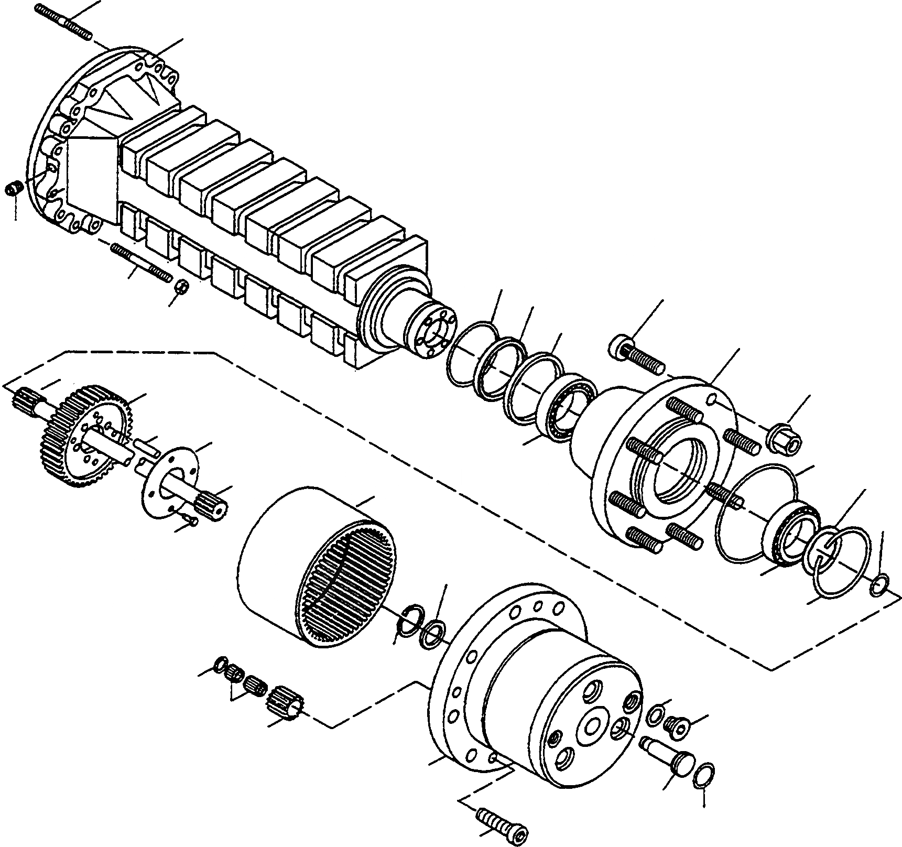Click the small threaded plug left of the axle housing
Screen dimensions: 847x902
point(13,189)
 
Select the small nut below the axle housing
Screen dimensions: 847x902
point(181,287)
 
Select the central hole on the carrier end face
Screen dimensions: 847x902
point(595,727)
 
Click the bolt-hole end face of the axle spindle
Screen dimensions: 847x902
point(434,334)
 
